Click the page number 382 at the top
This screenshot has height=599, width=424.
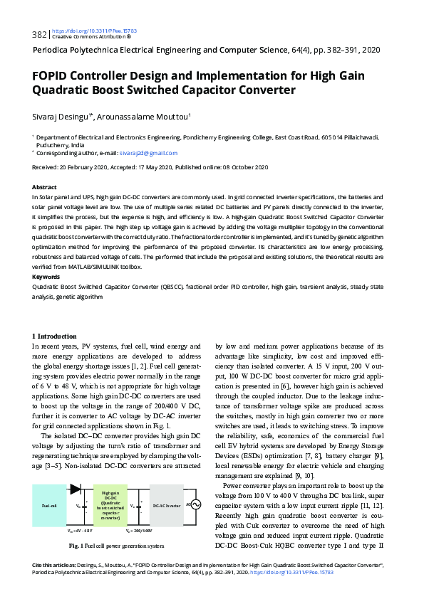[x=38, y=34]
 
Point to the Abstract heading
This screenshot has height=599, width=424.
[x=45, y=187]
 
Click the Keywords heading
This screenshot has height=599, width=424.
[x=47, y=277]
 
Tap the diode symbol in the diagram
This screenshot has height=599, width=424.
[x=75, y=489]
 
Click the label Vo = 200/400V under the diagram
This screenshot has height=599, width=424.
[x=139, y=531]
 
